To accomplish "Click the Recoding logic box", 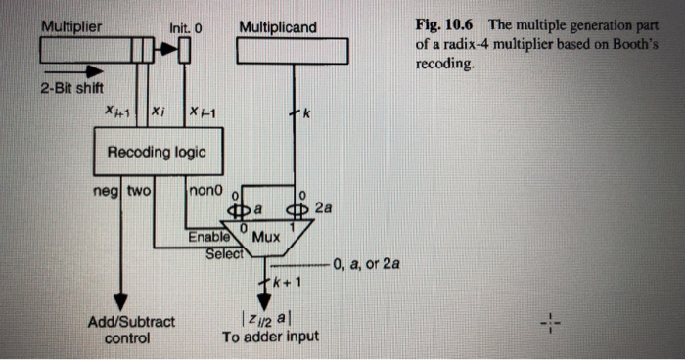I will (x=149, y=154).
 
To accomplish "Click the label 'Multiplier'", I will (x=70, y=26).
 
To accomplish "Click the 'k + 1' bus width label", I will (x=283, y=285).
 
